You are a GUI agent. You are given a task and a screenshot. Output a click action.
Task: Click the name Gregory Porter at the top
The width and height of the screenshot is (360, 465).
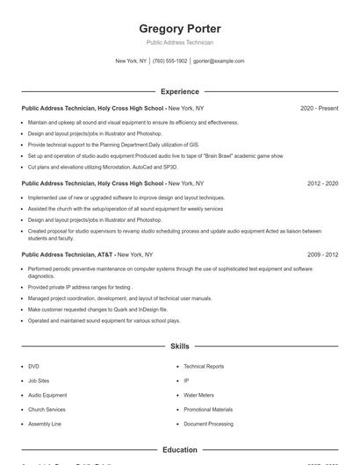point(180,28)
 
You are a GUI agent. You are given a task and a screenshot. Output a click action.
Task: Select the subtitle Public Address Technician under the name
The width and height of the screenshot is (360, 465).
point(180,42)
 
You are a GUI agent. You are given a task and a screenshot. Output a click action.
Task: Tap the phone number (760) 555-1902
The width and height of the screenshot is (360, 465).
point(170,61)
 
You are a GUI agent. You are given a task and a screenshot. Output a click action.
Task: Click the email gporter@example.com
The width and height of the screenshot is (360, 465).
point(219,61)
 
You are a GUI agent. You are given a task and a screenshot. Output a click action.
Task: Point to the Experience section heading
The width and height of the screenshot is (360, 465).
point(180,91)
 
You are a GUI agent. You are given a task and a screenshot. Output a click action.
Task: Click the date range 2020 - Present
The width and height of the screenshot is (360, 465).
point(319,108)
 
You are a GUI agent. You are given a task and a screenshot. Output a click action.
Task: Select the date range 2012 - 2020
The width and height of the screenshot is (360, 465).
point(322,183)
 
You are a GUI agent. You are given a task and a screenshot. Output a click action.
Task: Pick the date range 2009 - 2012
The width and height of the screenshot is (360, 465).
point(322,254)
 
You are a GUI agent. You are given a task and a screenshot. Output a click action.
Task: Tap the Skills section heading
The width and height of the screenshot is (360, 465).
point(180,347)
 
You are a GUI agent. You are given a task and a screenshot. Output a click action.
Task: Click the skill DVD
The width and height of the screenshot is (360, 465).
point(33,366)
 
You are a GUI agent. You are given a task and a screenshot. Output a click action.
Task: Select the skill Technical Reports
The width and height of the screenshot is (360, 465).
point(204,366)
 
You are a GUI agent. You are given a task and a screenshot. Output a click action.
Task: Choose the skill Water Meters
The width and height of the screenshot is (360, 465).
point(198,395)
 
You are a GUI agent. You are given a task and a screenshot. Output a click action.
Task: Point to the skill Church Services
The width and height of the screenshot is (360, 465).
point(47,409)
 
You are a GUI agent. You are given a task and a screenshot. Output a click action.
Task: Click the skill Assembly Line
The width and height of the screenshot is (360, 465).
point(44,424)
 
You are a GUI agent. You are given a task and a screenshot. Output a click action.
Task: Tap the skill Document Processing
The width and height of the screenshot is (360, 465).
point(208,424)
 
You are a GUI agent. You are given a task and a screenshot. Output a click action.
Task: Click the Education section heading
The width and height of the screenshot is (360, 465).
point(180,450)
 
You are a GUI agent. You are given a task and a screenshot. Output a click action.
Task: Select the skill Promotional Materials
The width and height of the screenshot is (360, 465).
point(208,409)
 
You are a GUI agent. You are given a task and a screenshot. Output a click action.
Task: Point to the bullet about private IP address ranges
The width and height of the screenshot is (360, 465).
point(80,287)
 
